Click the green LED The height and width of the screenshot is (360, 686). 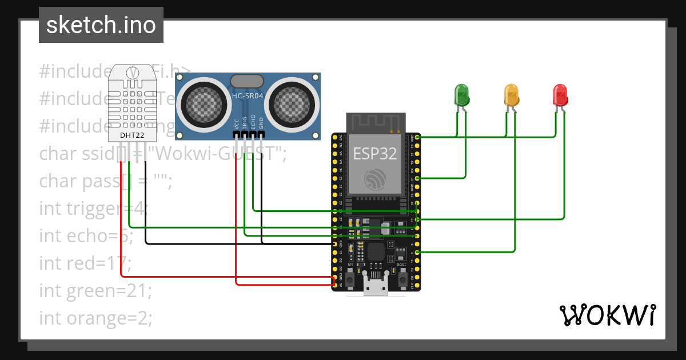(x=461, y=94)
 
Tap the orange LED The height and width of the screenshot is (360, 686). (x=510, y=94)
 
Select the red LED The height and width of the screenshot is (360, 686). (x=560, y=94)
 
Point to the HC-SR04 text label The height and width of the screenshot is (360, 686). (x=248, y=97)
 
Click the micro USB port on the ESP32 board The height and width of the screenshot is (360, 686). (x=376, y=286)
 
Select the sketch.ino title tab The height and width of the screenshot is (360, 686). (x=101, y=25)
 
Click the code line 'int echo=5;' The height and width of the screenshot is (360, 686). (x=86, y=235)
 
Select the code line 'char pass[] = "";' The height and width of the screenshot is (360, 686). (x=105, y=181)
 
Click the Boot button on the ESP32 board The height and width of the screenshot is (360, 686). (x=402, y=281)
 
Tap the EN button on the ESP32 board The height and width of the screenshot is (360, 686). (x=350, y=281)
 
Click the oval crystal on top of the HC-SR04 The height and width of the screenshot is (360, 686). (x=247, y=81)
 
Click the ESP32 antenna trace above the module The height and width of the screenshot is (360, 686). (x=376, y=123)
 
